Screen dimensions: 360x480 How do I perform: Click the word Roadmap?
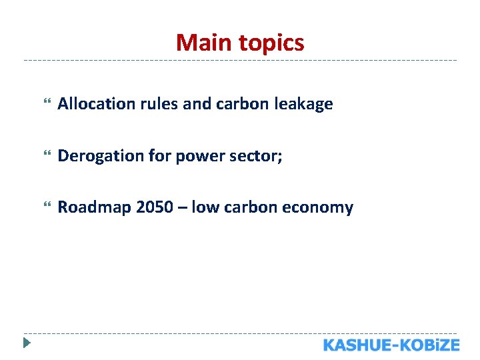click(x=94, y=208)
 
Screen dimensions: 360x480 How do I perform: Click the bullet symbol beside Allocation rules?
click(x=46, y=104)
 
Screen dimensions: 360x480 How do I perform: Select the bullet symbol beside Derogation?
click(x=46, y=156)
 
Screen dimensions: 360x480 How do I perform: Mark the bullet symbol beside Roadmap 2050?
click(x=46, y=207)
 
